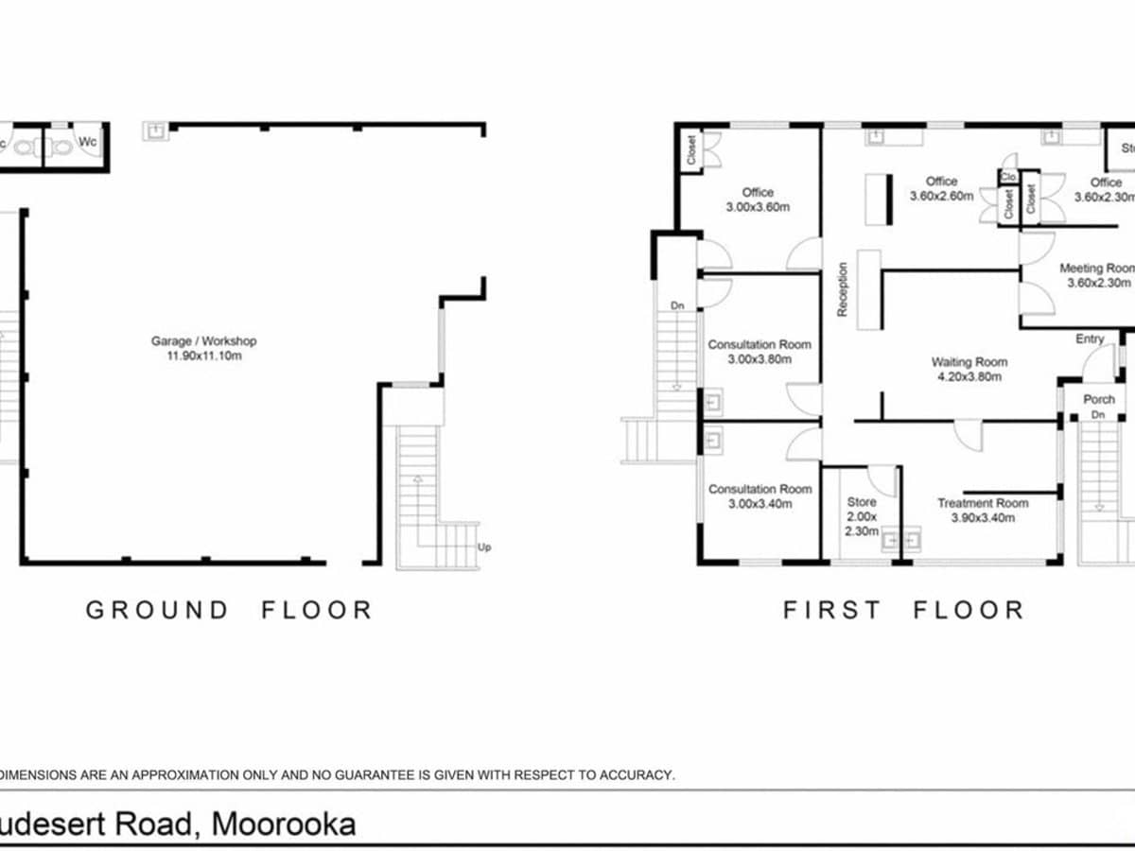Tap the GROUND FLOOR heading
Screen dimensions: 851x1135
pyautogui.click(x=229, y=610)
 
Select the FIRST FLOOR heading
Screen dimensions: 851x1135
pyautogui.click(x=903, y=610)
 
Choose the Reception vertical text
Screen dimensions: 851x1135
pyautogui.click(x=843, y=288)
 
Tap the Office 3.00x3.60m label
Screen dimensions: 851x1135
pyautogui.click(x=758, y=200)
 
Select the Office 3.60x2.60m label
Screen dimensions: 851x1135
pyautogui.click(x=941, y=188)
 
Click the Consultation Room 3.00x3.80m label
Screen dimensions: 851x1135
pyautogui.click(x=760, y=352)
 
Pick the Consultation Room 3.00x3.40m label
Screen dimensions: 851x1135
pyautogui.click(x=760, y=495)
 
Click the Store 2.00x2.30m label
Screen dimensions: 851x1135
pyautogui.click(x=862, y=516)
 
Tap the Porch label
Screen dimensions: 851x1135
pyautogui.click(x=1098, y=399)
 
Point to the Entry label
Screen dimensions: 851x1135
pyautogui.click(x=1090, y=339)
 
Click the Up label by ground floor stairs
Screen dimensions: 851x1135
pyautogui.click(x=485, y=547)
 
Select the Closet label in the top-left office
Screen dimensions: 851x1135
pyautogui.click(x=691, y=150)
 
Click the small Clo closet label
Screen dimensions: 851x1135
pyautogui.click(x=1007, y=176)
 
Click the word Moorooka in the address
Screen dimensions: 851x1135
pyautogui.click(x=284, y=824)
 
